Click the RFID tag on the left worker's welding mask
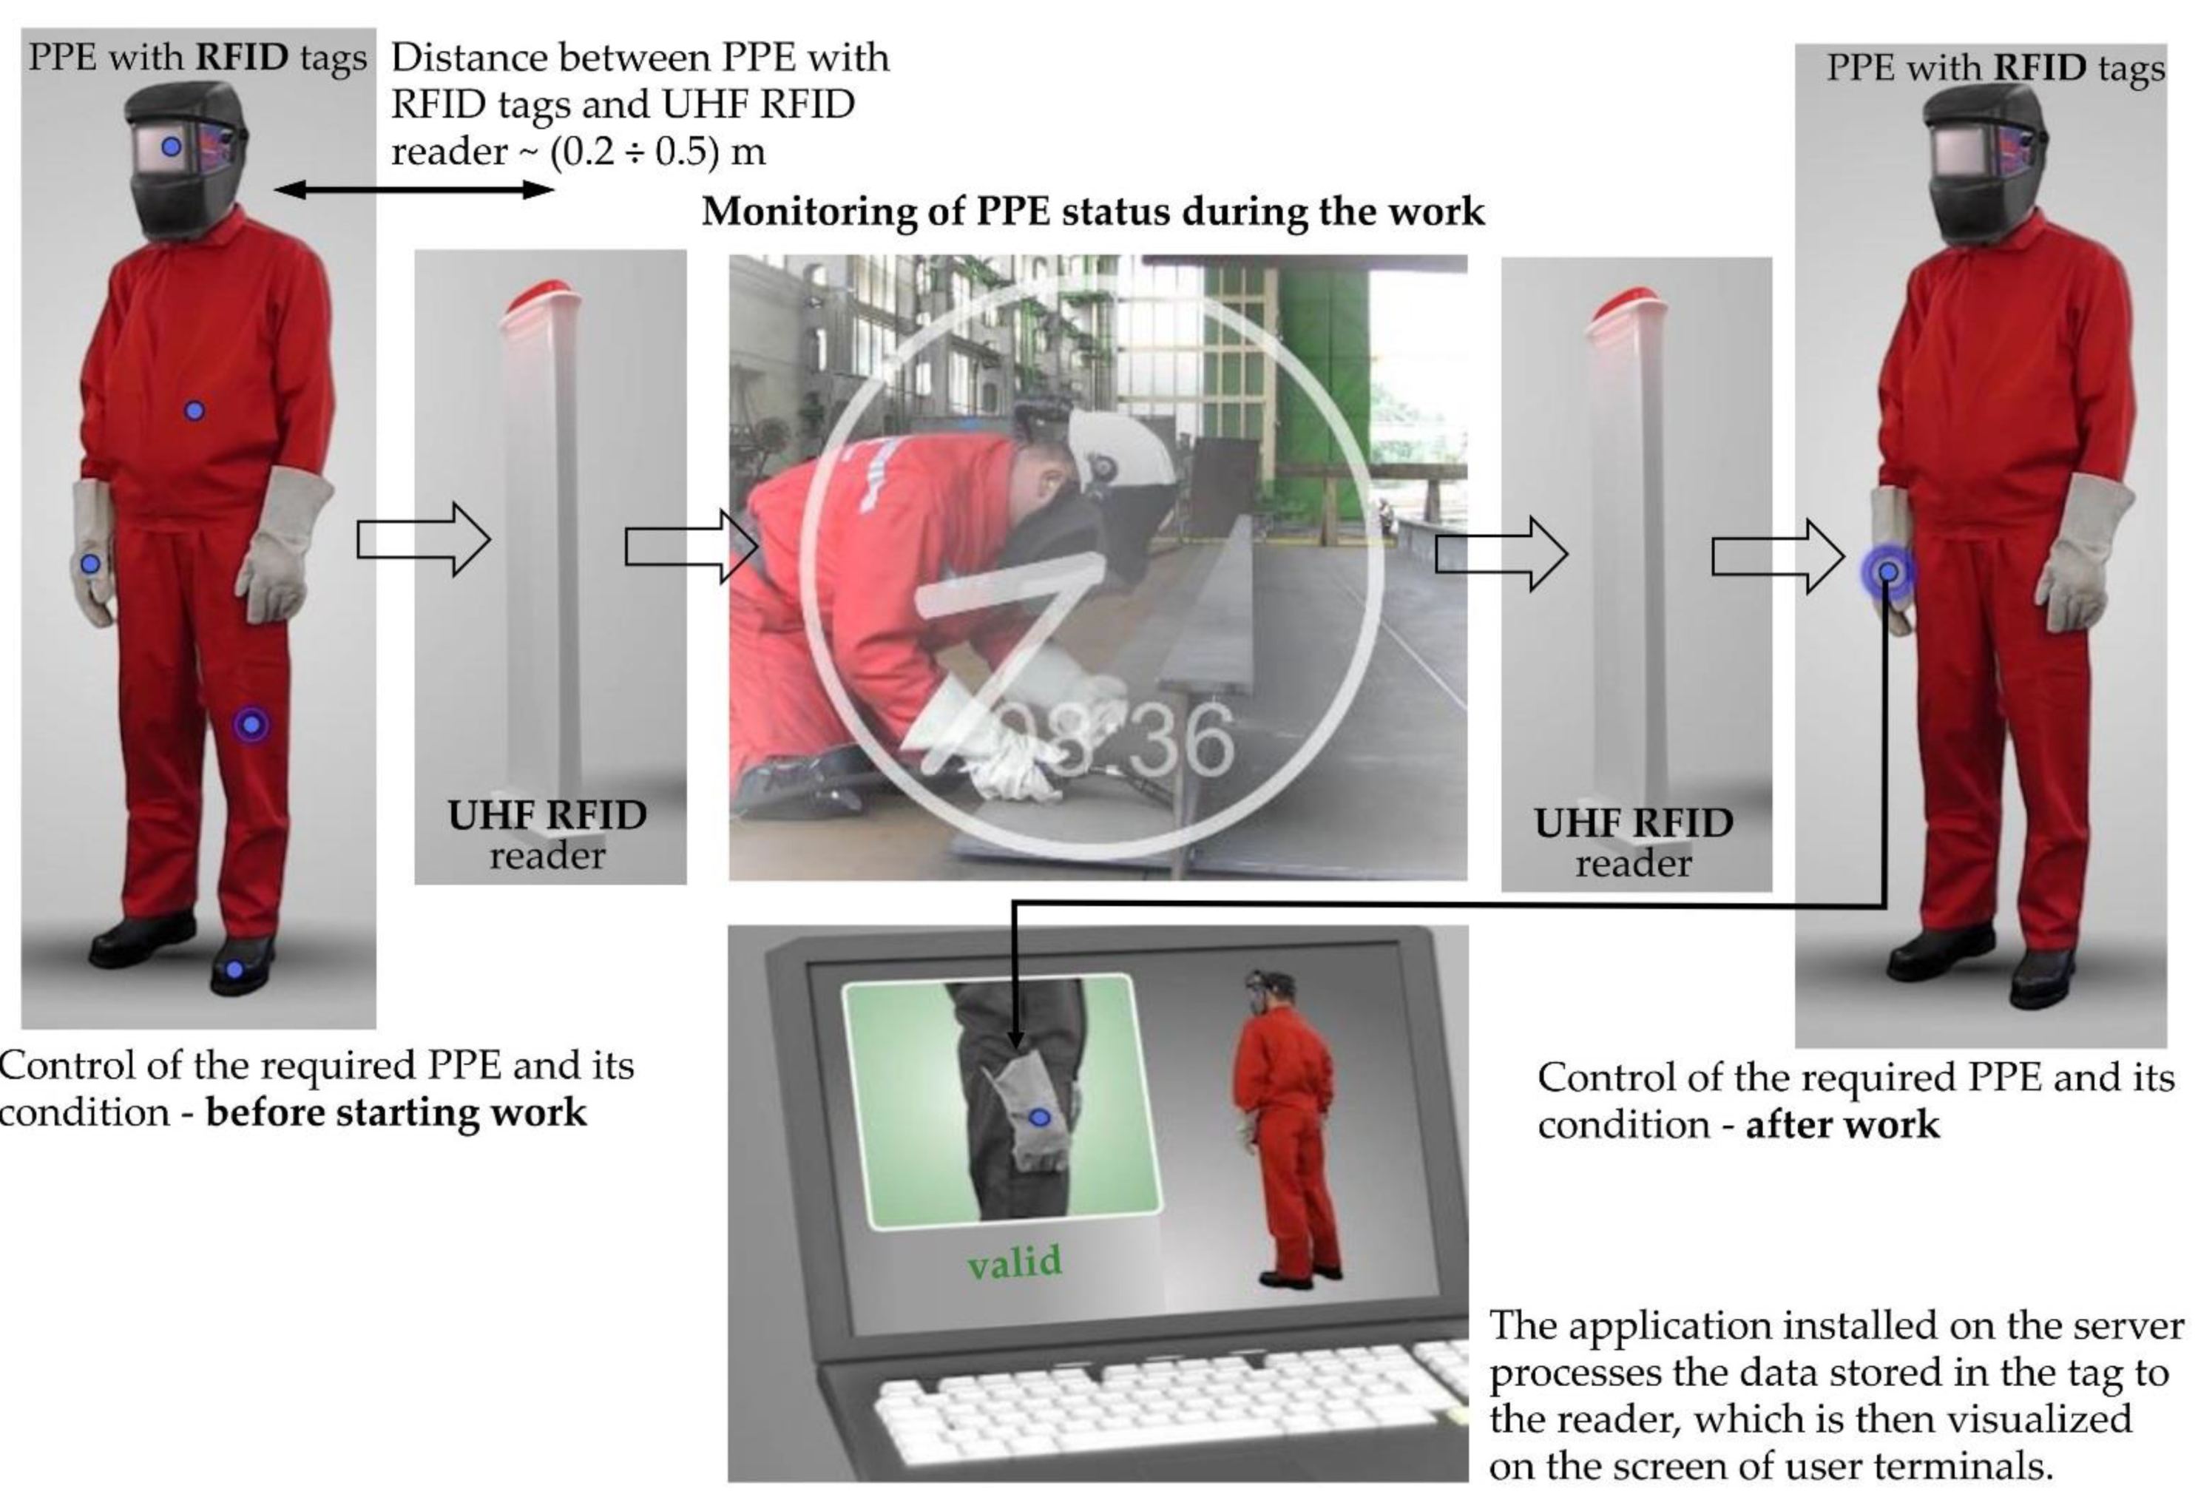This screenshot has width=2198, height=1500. coord(171,146)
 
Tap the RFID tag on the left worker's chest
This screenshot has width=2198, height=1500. coord(194,411)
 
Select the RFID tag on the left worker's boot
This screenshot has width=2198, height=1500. coord(234,970)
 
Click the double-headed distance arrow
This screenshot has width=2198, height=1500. coord(414,190)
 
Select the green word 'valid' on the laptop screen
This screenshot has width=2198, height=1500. coord(1015,1262)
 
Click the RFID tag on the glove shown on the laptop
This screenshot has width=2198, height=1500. coord(1039,1117)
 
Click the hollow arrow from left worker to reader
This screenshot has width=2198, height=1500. coord(424,539)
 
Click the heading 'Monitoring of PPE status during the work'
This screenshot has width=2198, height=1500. coord(1092,211)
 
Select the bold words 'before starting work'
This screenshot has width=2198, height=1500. coord(396,1112)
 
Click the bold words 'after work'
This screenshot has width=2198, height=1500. coord(1842,1124)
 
